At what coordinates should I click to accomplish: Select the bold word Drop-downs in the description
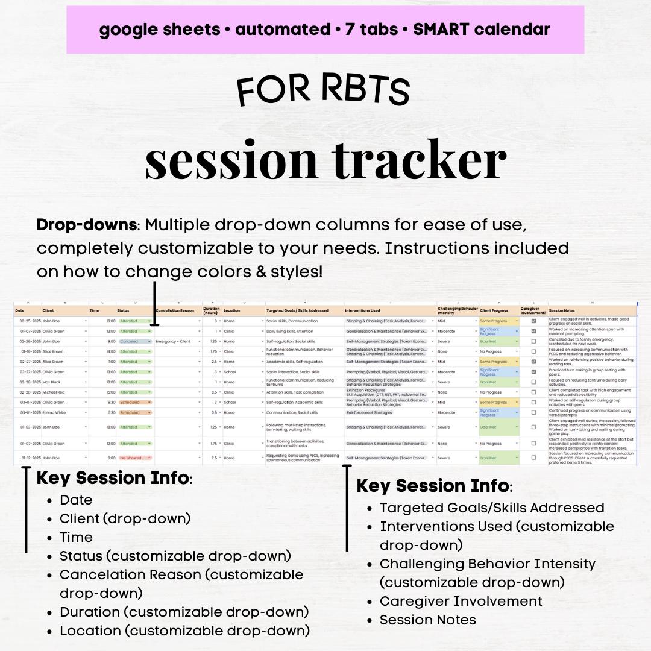coord(87,225)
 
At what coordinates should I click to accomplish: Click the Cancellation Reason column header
coord(175,310)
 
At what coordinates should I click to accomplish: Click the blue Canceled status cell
coord(134,341)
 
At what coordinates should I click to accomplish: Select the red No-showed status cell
coord(134,458)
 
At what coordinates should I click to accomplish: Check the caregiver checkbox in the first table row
coord(533,321)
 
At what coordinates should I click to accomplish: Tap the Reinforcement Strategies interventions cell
coord(370,412)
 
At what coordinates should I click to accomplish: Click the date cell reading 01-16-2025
coord(30,351)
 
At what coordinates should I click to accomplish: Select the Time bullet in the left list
coord(76,537)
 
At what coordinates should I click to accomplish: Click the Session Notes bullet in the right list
coord(427,620)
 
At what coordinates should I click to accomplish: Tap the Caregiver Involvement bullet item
coord(461,601)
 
